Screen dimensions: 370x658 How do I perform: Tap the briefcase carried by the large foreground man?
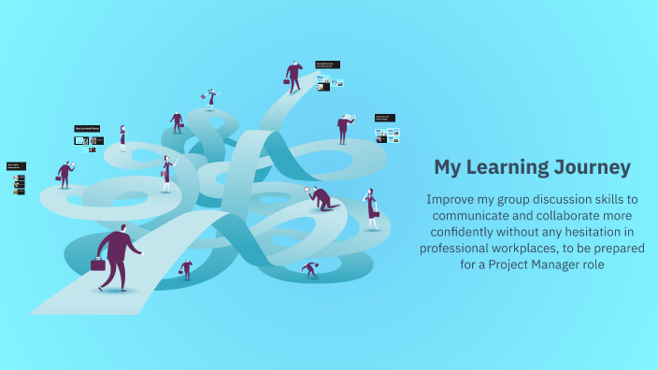(x=97, y=264)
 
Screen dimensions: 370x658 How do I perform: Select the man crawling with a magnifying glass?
(x=322, y=198)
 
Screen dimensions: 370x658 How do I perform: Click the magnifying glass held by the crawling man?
(x=308, y=191)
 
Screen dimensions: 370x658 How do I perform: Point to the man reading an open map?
(x=344, y=128)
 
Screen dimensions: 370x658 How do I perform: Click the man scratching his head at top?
(x=294, y=76)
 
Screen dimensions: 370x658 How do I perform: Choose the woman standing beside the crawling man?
(x=372, y=208)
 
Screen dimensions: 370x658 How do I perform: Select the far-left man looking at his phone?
(x=64, y=174)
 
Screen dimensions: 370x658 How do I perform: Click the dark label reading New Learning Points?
(x=88, y=129)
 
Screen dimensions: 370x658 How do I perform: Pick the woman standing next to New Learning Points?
(x=122, y=137)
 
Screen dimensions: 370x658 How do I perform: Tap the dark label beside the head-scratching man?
(x=327, y=64)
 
